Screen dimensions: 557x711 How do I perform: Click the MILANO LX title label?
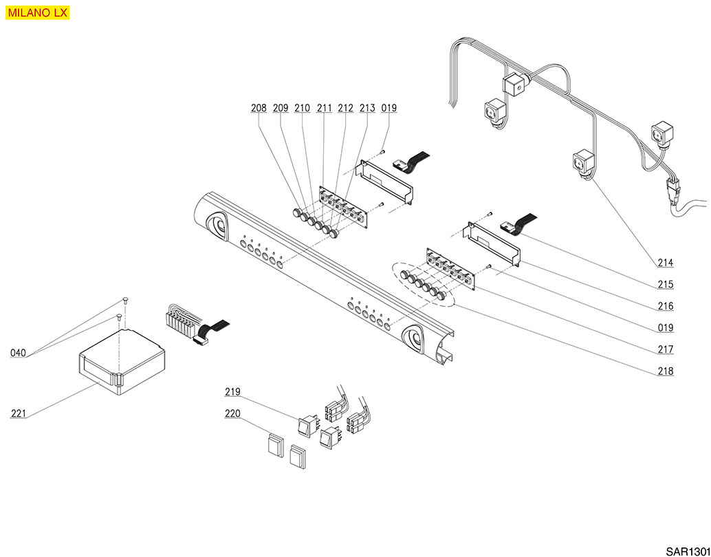(38, 12)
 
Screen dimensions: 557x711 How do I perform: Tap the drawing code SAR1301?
(687, 551)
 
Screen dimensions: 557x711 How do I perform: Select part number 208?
(259, 108)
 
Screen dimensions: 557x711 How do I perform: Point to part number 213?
(367, 108)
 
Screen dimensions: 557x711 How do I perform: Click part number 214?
(665, 263)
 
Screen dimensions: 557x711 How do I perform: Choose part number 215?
(665, 285)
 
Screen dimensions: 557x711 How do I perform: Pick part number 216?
(665, 307)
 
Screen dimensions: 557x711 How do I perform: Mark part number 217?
(665, 350)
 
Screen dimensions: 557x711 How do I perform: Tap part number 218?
(665, 372)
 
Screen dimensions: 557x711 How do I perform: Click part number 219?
(232, 392)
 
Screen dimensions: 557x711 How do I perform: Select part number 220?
(232, 414)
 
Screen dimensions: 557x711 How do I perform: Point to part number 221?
(19, 413)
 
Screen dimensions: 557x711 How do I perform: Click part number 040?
(19, 353)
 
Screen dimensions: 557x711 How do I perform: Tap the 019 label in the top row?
(389, 108)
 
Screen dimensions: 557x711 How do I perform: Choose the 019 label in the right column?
(665, 328)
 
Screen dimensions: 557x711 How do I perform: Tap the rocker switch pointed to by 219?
(307, 426)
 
